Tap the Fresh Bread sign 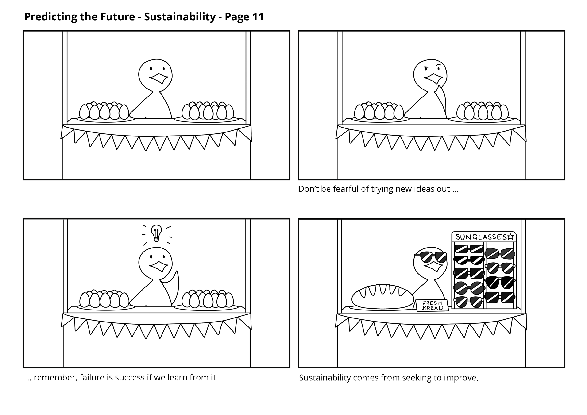(x=432, y=306)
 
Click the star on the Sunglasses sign (x=510, y=237)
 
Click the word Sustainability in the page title (x=180, y=17)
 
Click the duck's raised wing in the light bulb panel (x=173, y=279)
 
